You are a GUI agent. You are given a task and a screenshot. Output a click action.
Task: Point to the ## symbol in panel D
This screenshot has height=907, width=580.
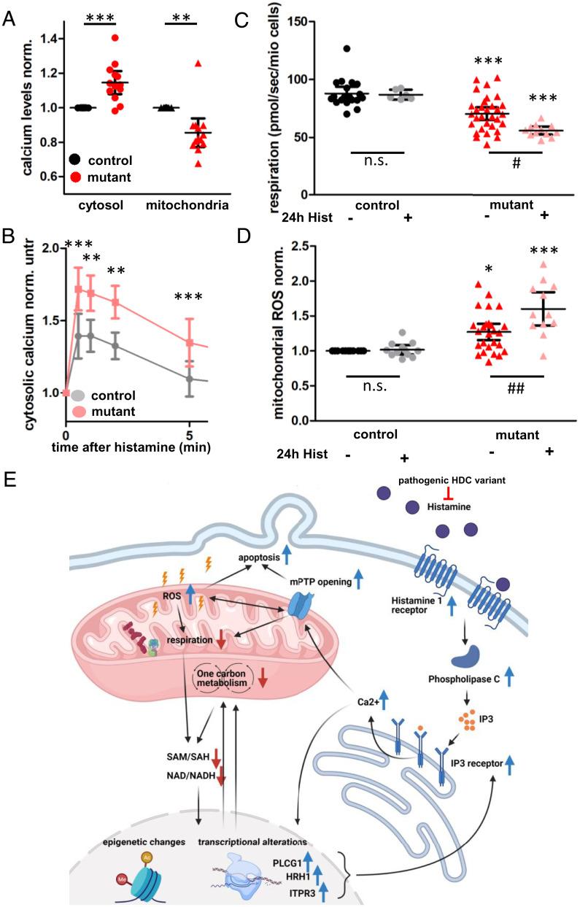pyautogui.click(x=517, y=390)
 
